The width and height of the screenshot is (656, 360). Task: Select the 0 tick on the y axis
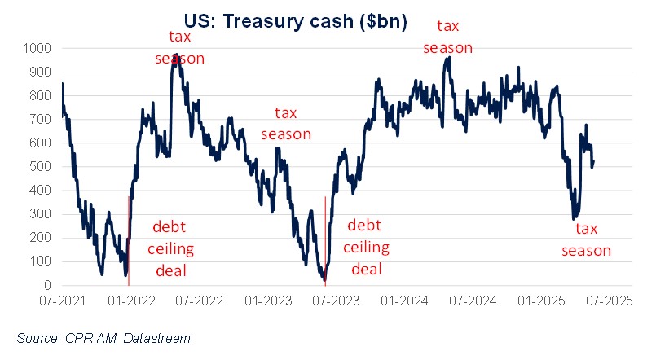coord(49,286)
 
